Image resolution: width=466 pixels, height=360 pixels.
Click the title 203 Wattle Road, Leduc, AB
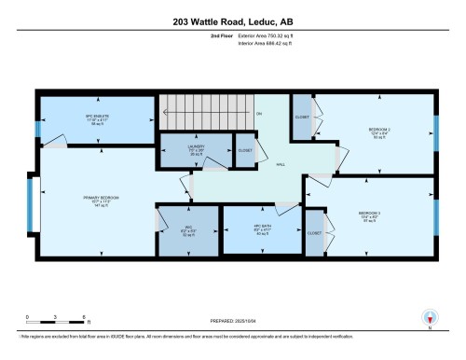pyautogui.click(x=232, y=20)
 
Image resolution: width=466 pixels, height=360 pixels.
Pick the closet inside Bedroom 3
pyautogui.click(x=315, y=231)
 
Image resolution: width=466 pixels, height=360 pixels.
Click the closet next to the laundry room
pyautogui.click(x=243, y=151)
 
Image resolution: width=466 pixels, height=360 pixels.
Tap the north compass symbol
pyautogui.click(x=429, y=316)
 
